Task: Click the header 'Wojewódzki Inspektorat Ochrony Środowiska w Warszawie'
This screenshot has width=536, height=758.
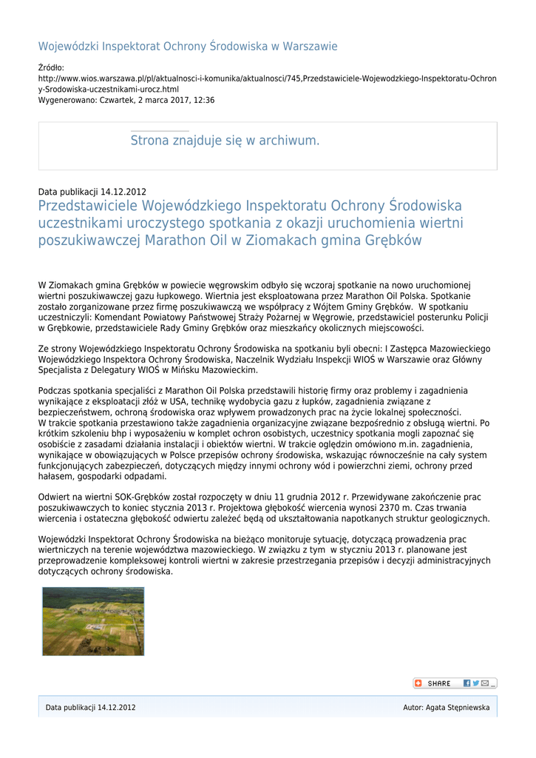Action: (x=188, y=47)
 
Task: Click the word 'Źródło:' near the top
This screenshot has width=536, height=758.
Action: (x=51, y=67)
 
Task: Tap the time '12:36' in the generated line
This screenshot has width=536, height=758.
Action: (x=203, y=100)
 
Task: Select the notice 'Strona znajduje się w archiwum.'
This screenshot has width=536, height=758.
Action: (x=225, y=141)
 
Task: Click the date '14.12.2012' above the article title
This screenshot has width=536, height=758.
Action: (x=123, y=192)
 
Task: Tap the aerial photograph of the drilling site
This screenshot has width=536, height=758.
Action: (x=93, y=621)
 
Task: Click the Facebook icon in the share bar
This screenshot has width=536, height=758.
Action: (x=467, y=683)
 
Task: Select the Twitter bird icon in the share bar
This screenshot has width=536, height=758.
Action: (x=476, y=683)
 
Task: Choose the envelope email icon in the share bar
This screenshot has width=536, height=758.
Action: (x=485, y=683)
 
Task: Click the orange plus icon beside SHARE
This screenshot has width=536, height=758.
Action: (x=418, y=683)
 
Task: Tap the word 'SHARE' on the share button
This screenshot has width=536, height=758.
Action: (x=438, y=683)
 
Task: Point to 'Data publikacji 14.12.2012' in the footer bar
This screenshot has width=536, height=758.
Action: (x=90, y=708)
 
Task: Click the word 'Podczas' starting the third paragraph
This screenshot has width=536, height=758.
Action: (x=54, y=390)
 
